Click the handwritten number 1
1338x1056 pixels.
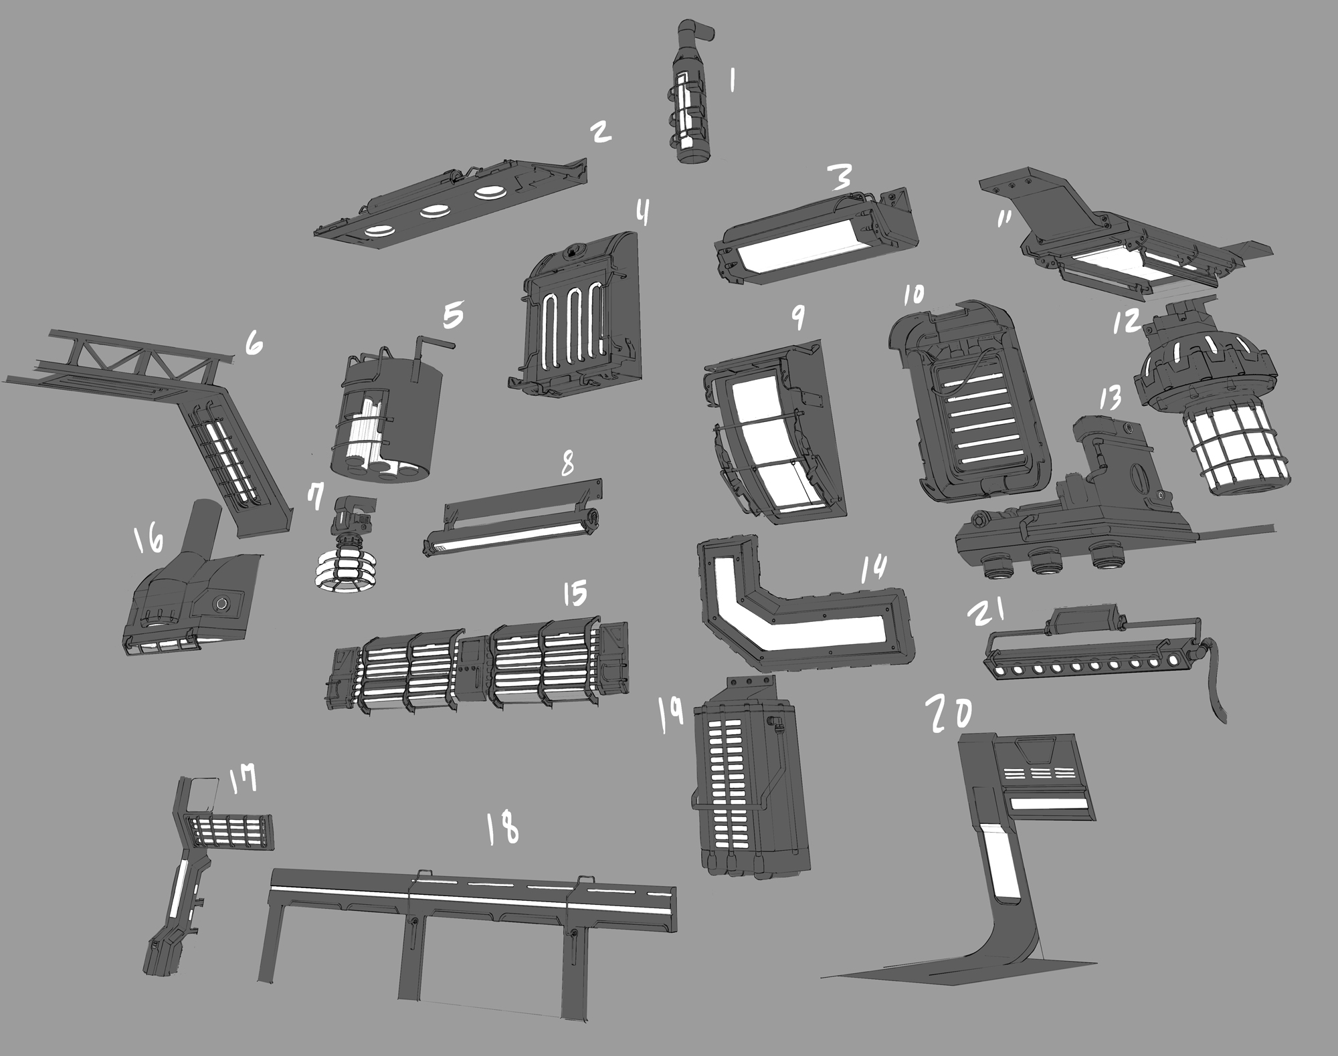[733, 82]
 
